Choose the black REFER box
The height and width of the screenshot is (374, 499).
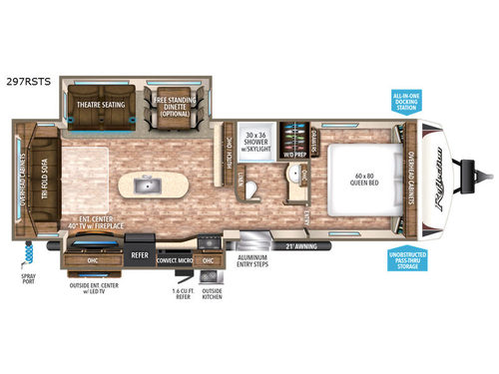click(140, 254)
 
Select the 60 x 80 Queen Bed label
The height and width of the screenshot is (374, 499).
click(354, 182)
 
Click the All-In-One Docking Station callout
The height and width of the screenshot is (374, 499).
click(406, 101)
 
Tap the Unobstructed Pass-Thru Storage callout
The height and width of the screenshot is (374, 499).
click(406, 259)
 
